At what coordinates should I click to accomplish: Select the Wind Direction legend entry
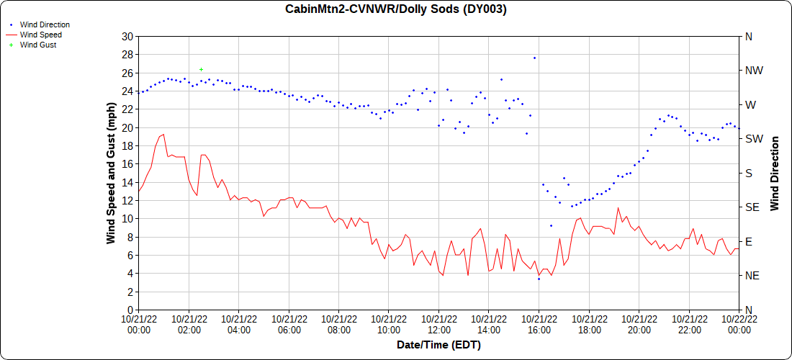point(45,24)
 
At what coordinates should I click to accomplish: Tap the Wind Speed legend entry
point(40,35)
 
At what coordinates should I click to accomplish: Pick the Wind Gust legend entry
point(38,45)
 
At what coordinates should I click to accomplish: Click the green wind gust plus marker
point(201,69)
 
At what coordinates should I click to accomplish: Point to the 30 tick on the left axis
point(127,36)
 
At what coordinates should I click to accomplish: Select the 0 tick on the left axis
point(130,310)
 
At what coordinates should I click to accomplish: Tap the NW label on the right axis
point(754,71)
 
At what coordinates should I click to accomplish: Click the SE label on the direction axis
point(752,207)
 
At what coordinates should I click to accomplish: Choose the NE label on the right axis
point(752,276)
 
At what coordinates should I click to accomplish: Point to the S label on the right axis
point(748,173)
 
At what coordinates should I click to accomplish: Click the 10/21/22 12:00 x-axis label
point(438,324)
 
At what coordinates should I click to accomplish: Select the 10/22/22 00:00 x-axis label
point(739,324)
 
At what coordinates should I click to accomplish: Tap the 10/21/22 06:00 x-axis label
point(289,324)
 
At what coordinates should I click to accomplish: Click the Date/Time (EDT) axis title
point(438,345)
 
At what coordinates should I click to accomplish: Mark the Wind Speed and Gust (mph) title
point(111,173)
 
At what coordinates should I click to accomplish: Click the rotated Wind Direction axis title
point(775,173)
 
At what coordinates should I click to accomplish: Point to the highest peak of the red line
point(163,134)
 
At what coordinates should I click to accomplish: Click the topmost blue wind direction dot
point(534,58)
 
